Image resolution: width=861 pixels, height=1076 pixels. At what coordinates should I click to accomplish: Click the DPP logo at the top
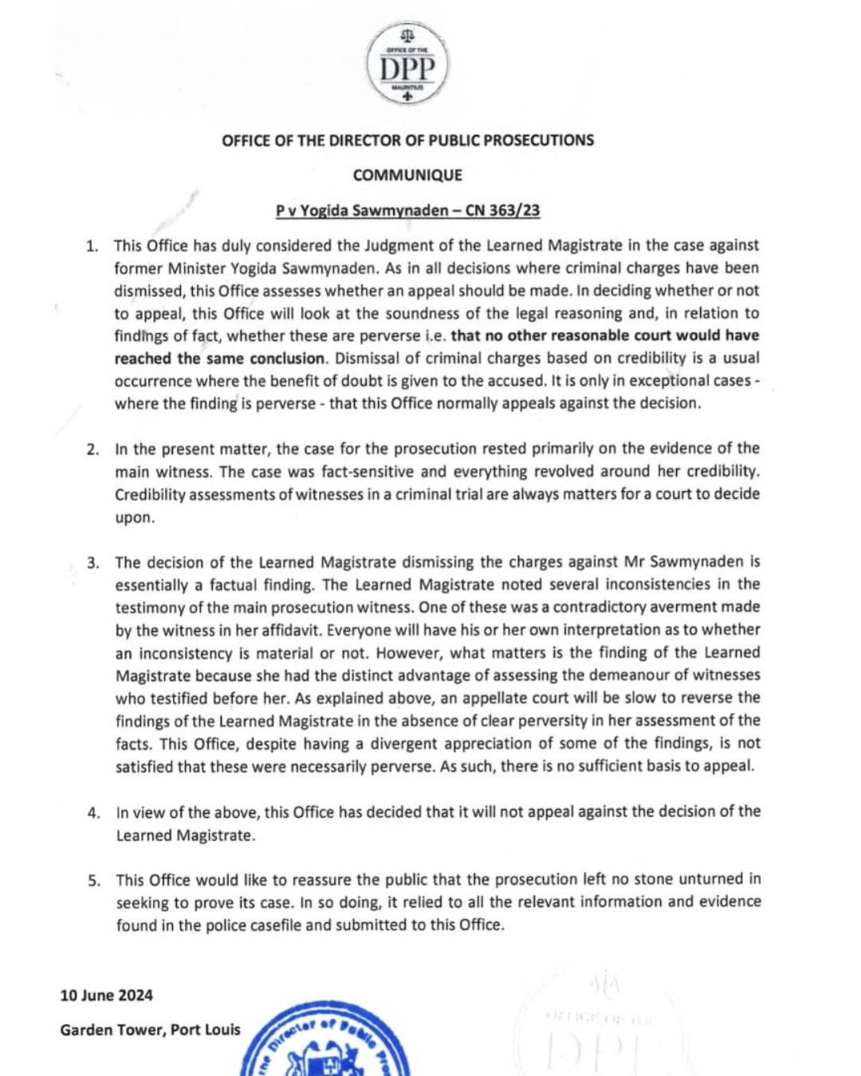coord(407,65)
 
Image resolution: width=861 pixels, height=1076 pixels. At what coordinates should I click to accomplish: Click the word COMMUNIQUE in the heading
coord(407,175)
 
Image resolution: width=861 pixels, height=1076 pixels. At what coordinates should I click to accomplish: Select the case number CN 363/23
coord(502,210)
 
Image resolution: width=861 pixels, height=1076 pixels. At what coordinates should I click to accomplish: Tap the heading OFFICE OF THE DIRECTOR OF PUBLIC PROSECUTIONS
coord(407,140)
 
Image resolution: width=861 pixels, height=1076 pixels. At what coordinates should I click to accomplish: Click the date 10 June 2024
coord(106,995)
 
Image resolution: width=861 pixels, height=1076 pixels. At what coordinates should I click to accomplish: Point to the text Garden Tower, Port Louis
coord(150,1030)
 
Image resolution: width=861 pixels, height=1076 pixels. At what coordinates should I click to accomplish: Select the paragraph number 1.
coord(92,245)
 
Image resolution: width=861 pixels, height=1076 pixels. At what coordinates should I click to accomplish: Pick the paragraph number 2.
coord(93,450)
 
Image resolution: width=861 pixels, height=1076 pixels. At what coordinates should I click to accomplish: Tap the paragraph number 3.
coord(93,563)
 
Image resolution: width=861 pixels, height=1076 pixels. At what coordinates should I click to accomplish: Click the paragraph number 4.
coord(94,813)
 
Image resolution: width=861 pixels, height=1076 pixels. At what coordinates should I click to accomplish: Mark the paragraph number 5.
coord(94,881)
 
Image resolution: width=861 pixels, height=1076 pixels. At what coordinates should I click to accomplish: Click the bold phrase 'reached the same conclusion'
coord(219,359)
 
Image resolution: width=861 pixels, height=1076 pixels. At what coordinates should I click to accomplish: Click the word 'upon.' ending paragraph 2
coord(135,517)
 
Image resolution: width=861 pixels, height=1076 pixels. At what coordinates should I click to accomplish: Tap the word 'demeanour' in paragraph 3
coord(630,675)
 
